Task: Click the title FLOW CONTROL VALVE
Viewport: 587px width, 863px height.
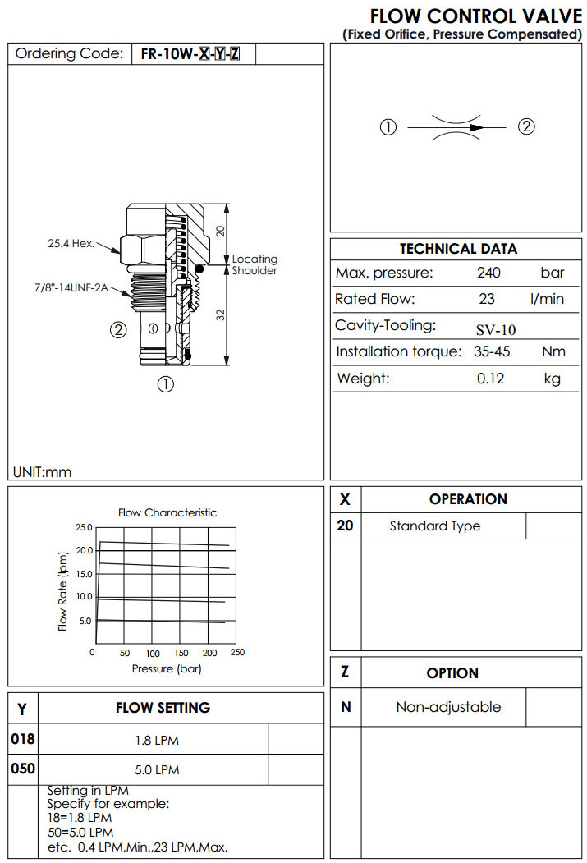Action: (475, 16)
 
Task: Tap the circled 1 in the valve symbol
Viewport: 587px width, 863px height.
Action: (388, 127)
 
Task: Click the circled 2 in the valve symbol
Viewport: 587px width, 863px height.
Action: (526, 126)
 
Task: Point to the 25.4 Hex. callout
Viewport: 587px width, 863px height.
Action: (71, 243)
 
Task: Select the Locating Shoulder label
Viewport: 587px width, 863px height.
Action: (255, 265)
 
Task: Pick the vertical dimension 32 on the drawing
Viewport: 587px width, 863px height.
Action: (221, 314)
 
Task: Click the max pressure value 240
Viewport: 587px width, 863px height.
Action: (488, 273)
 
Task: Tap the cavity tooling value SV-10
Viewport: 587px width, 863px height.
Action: (496, 330)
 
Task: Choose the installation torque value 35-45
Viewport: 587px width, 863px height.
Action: (492, 352)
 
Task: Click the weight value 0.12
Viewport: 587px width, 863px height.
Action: (490, 379)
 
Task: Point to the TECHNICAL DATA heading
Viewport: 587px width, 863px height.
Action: (458, 249)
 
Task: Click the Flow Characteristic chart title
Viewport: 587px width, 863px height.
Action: (167, 512)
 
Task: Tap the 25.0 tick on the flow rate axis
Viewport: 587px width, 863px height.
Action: (84, 527)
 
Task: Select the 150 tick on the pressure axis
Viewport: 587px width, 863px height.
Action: (181, 654)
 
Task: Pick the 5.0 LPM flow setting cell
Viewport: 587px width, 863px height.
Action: (156, 770)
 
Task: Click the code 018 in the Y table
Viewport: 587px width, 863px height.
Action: (23, 739)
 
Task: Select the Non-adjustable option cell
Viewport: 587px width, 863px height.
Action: (447, 707)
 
